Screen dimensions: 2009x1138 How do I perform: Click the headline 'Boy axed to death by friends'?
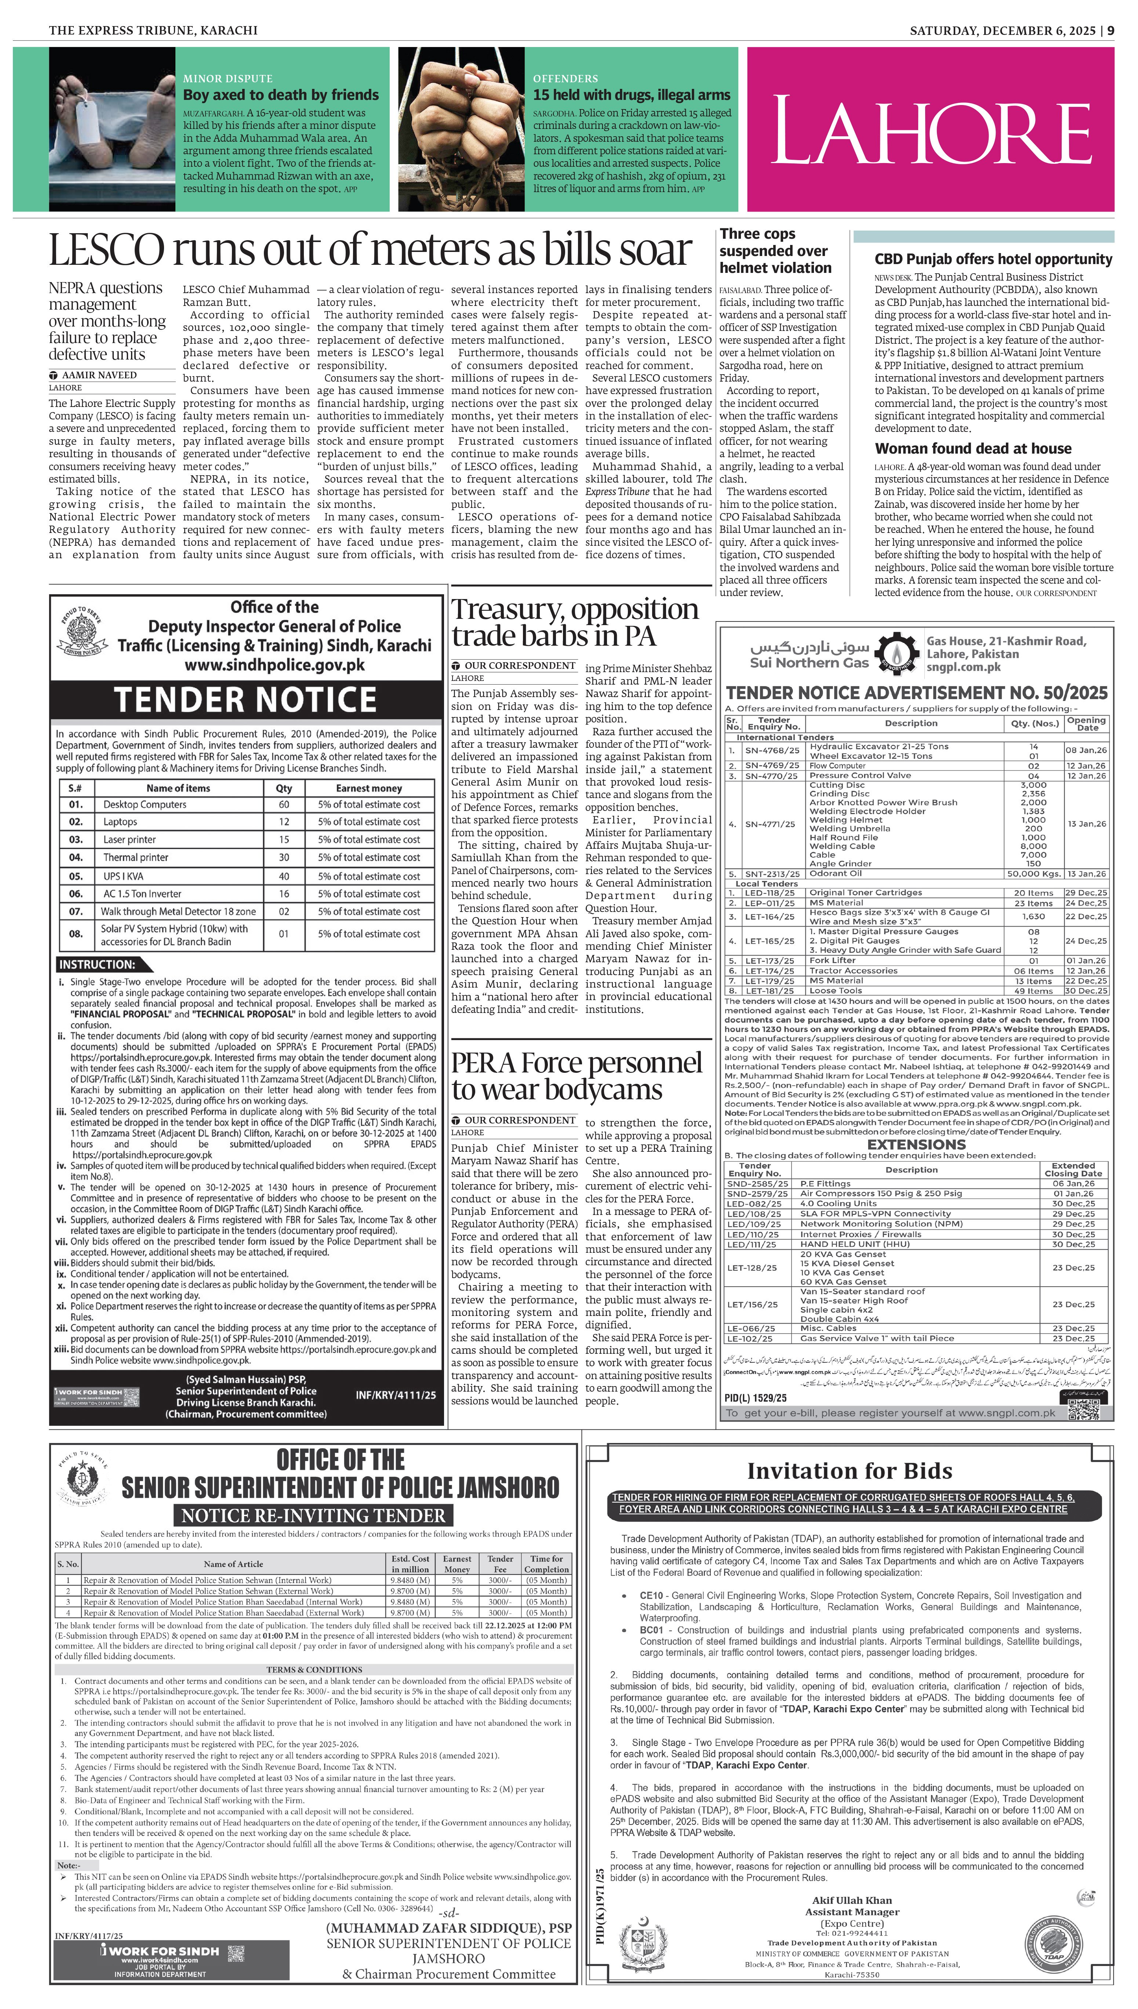coord(281,95)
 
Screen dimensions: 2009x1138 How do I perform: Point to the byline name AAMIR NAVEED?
coord(99,375)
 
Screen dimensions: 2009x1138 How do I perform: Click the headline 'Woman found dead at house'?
coord(973,448)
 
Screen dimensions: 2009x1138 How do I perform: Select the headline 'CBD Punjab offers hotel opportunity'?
coord(993,259)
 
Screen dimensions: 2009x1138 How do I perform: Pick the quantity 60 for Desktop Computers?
coord(284,804)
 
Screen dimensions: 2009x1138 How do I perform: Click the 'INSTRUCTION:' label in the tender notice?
coord(97,964)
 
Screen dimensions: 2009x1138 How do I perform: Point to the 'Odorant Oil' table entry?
coord(836,873)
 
